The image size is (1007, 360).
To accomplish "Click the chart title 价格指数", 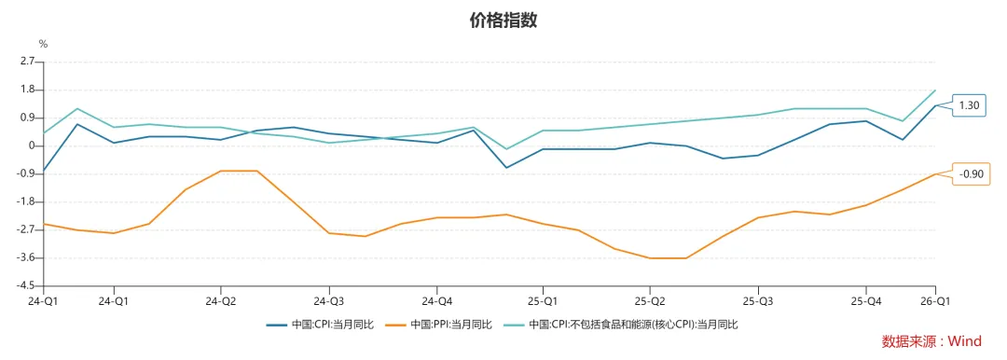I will [x=504, y=21].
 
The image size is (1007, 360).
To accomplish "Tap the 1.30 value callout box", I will [x=969, y=105].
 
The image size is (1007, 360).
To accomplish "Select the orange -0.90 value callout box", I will [x=971, y=173].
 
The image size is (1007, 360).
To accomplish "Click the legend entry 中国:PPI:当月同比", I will [x=447, y=325].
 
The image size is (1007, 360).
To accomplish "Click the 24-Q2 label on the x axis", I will [x=220, y=301].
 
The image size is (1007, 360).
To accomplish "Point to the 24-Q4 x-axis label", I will [x=436, y=301].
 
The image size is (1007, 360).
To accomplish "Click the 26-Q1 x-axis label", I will [x=936, y=301].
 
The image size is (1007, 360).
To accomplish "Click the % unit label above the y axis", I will [x=42, y=44].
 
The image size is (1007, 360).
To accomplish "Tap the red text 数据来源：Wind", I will [x=931, y=342].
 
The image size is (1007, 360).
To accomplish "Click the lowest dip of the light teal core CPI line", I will [x=506, y=149].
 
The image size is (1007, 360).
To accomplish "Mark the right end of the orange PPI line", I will [x=935, y=173].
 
